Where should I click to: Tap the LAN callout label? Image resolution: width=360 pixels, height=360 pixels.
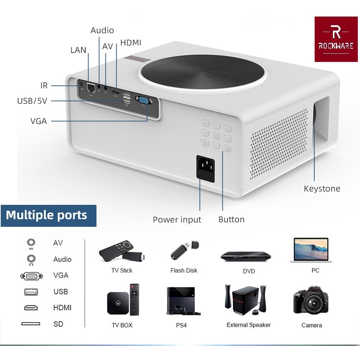click(x=78, y=50)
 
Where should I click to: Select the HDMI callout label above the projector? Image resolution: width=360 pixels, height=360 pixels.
click(x=131, y=43)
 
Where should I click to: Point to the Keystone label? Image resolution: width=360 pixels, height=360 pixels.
click(x=322, y=189)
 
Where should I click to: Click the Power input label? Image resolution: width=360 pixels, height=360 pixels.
click(x=177, y=220)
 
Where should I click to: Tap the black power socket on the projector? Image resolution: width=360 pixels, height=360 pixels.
click(x=205, y=166)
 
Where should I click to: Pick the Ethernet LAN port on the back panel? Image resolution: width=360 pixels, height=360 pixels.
click(x=91, y=88)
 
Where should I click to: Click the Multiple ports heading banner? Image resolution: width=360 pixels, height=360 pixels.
click(x=48, y=215)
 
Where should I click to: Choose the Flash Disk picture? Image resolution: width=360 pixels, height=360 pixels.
click(x=184, y=250)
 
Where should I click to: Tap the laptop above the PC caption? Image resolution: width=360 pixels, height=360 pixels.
click(x=310, y=249)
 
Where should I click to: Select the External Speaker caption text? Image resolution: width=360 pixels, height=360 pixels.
click(x=248, y=325)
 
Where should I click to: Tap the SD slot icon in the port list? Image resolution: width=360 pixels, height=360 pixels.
click(x=31, y=324)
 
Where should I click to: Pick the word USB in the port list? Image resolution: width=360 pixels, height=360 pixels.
click(x=60, y=292)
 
